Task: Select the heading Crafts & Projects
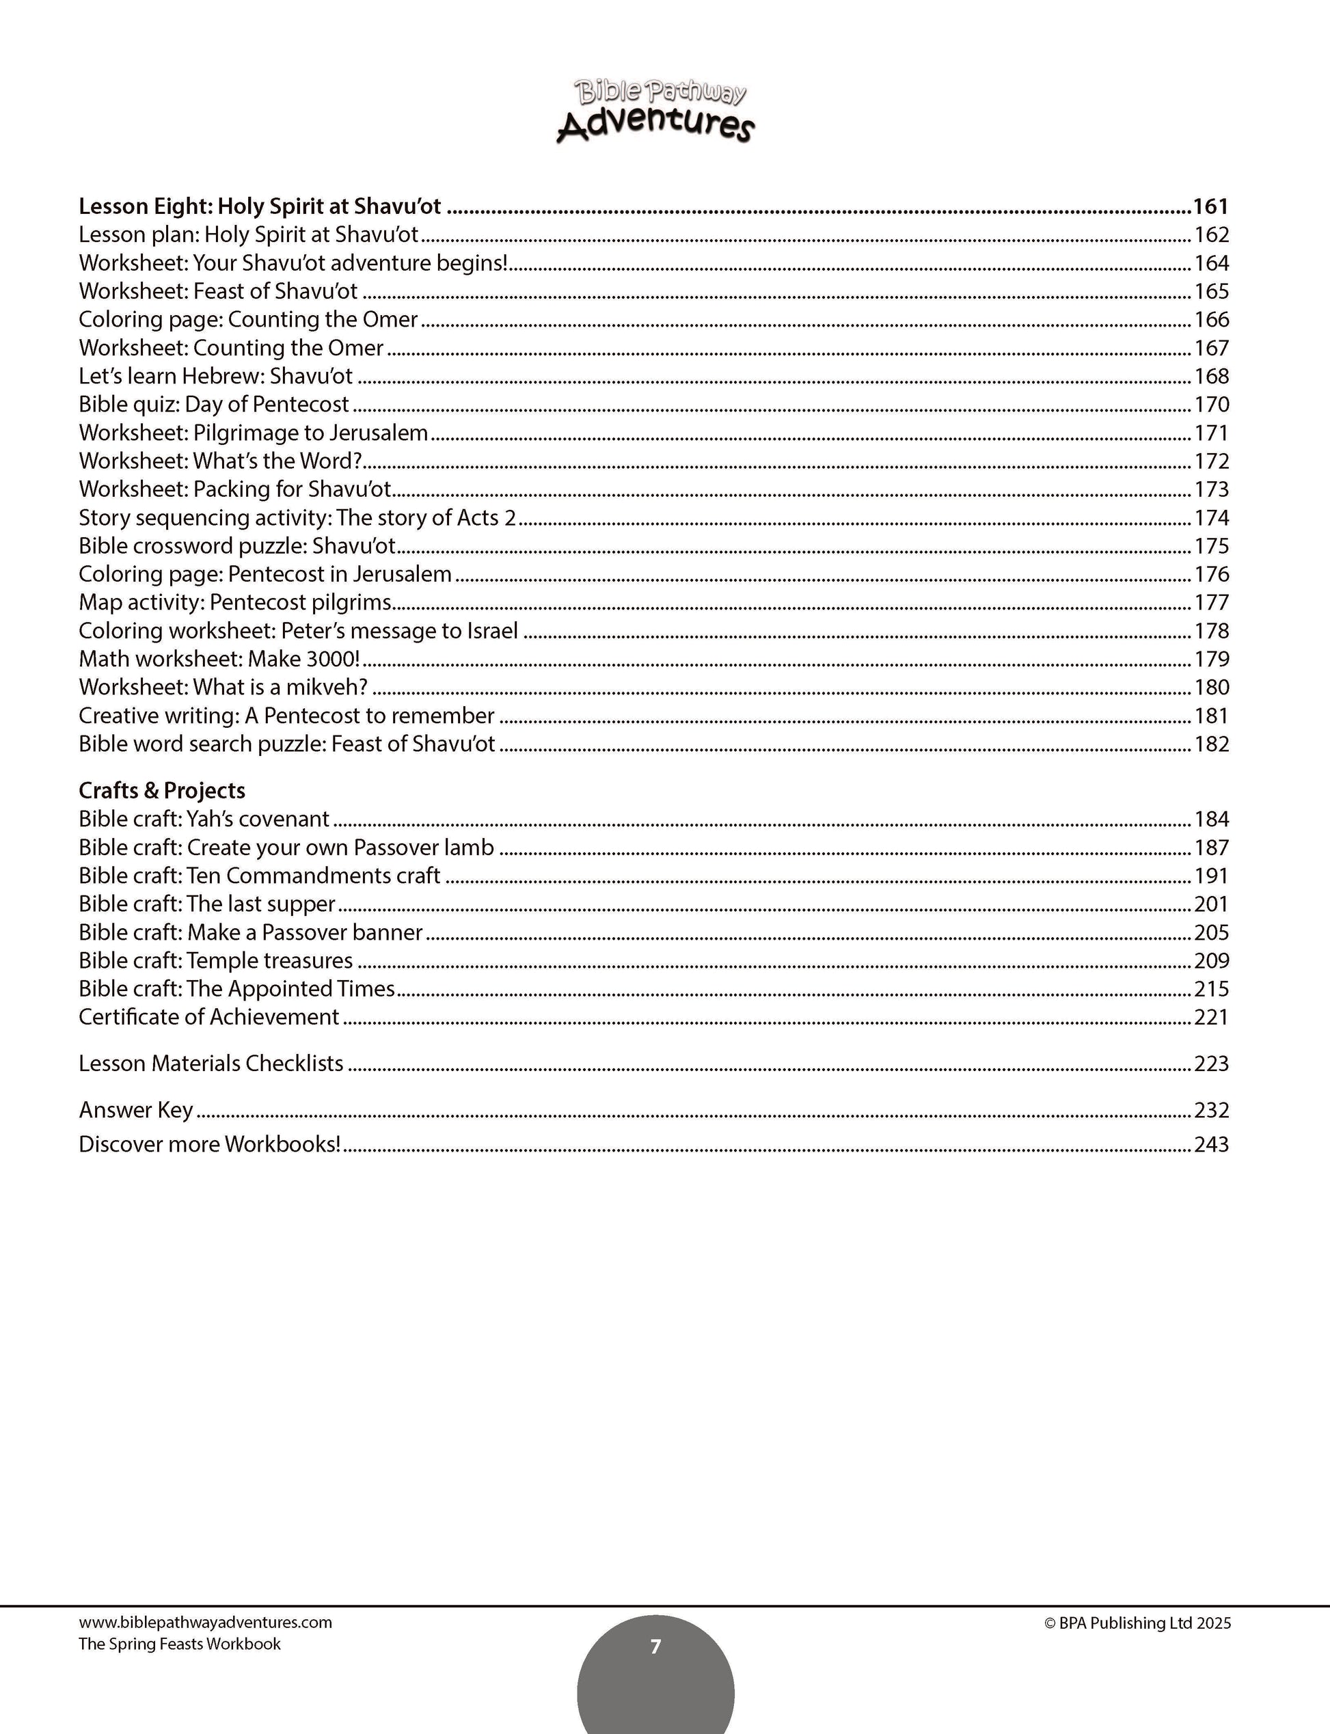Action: tap(161, 790)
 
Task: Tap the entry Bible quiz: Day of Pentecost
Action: tap(214, 405)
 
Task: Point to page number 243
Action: tap(1211, 1144)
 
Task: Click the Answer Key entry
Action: tap(135, 1110)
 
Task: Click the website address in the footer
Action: tap(205, 1623)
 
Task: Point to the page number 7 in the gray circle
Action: tap(655, 1647)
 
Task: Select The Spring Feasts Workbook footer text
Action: tap(180, 1644)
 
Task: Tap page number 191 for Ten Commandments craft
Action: tap(1211, 876)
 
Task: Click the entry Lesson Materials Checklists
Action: tap(211, 1064)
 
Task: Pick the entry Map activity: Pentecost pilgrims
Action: tap(235, 603)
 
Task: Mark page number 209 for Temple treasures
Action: tap(1211, 960)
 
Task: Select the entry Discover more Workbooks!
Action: tap(210, 1144)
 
